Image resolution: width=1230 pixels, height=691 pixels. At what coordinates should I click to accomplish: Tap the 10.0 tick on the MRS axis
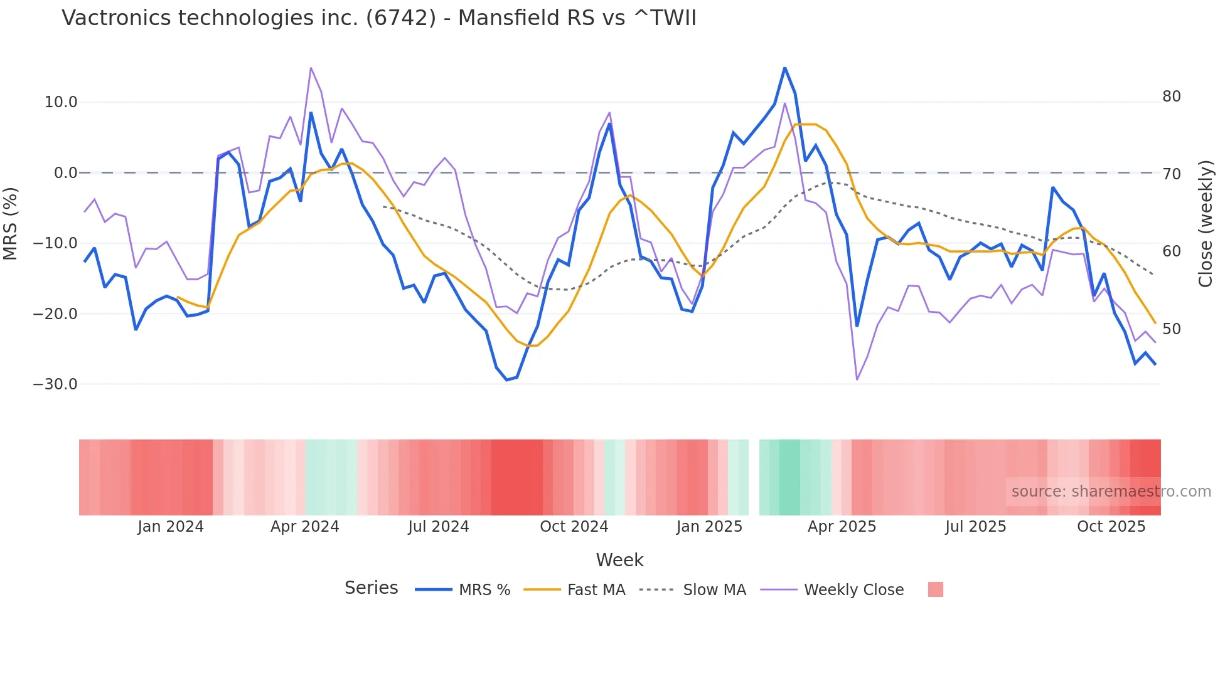pyautogui.click(x=61, y=102)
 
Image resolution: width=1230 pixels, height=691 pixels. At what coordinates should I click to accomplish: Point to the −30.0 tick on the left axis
pyautogui.click(x=55, y=384)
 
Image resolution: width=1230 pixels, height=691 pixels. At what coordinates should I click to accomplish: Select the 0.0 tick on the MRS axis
pyautogui.click(x=65, y=173)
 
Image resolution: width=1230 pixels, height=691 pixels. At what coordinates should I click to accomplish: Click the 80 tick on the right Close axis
pyautogui.click(x=1171, y=97)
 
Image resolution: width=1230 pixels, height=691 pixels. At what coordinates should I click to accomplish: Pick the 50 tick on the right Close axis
pyautogui.click(x=1171, y=329)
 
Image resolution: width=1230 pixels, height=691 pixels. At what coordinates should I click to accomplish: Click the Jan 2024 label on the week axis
pyautogui.click(x=171, y=527)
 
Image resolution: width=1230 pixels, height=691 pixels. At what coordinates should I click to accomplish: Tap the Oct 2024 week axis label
pyautogui.click(x=574, y=527)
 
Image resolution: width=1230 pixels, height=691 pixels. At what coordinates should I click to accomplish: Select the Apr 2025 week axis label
pyautogui.click(x=842, y=527)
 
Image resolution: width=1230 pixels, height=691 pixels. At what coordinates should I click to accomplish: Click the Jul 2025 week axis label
pyautogui.click(x=975, y=527)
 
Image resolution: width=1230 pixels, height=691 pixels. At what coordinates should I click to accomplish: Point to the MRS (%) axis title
pyautogui.click(x=11, y=224)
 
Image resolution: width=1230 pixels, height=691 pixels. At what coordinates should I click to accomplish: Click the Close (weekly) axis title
pyautogui.click(x=1205, y=224)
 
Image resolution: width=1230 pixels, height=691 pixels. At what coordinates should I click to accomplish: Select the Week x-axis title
pyautogui.click(x=619, y=560)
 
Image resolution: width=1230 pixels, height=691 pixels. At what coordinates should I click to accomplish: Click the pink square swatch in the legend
pyautogui.click(x=935, y=589)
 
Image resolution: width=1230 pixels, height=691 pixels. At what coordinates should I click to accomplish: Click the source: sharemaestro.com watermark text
pyautogui.click(x=1111, y=492)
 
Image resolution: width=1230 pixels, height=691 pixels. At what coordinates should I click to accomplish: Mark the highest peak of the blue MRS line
pyautogui.click(x=785, y=68)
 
